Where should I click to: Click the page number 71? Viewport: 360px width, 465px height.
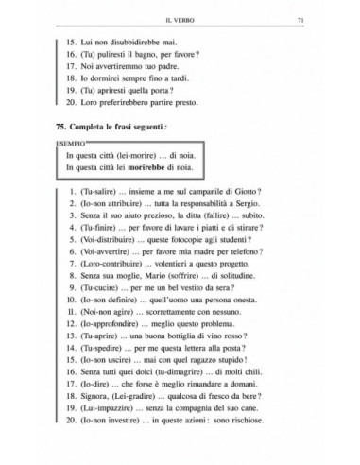point(326,18)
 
